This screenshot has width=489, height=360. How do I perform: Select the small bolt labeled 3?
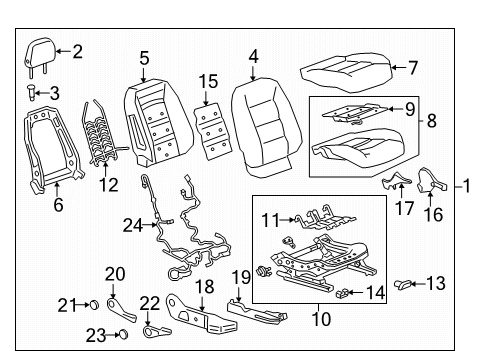tap(34, 93)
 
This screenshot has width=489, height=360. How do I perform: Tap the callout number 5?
tap(144, 58)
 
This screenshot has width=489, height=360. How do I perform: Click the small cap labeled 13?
tap(404, 286)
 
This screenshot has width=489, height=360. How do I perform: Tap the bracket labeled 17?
tap(396, 181)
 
